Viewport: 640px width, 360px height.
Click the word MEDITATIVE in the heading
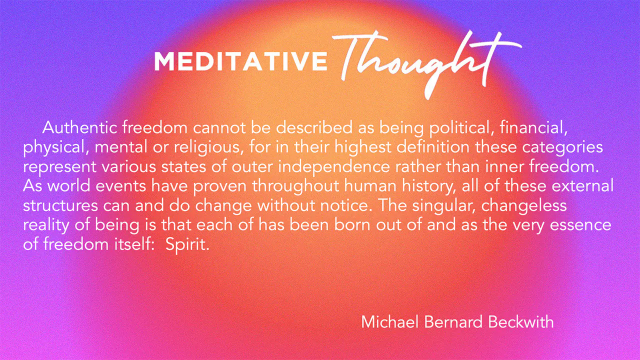[240, 61]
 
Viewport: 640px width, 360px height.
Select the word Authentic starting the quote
[79, 127]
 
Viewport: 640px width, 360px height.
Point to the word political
[461, 128]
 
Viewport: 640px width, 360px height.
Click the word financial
[533, 127]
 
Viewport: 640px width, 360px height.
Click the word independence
[334, 167]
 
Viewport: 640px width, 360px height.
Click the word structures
[60, 205]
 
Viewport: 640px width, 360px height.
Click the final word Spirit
[187, 245]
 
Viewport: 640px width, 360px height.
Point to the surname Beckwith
[521, 321]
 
